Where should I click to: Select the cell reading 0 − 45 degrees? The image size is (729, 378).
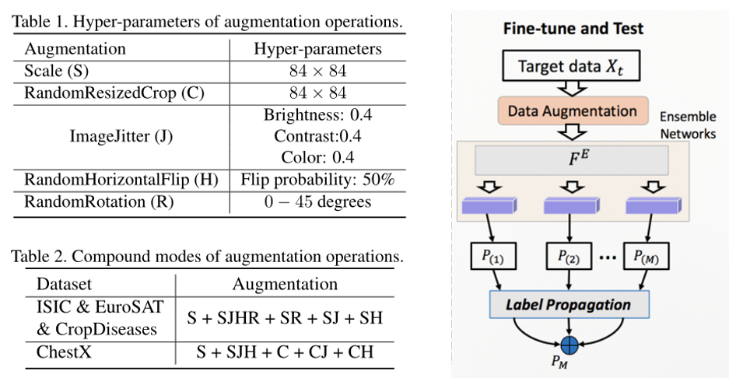click(317, 202)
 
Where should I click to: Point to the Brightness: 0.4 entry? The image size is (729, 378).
click(317, 115)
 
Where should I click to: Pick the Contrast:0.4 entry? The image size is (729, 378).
click(317, 137)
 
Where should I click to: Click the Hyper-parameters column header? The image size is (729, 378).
click(317, 49)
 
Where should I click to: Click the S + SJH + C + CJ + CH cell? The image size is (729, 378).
click(285, 352)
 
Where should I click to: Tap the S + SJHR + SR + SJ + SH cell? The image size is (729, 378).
click(285, 317)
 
